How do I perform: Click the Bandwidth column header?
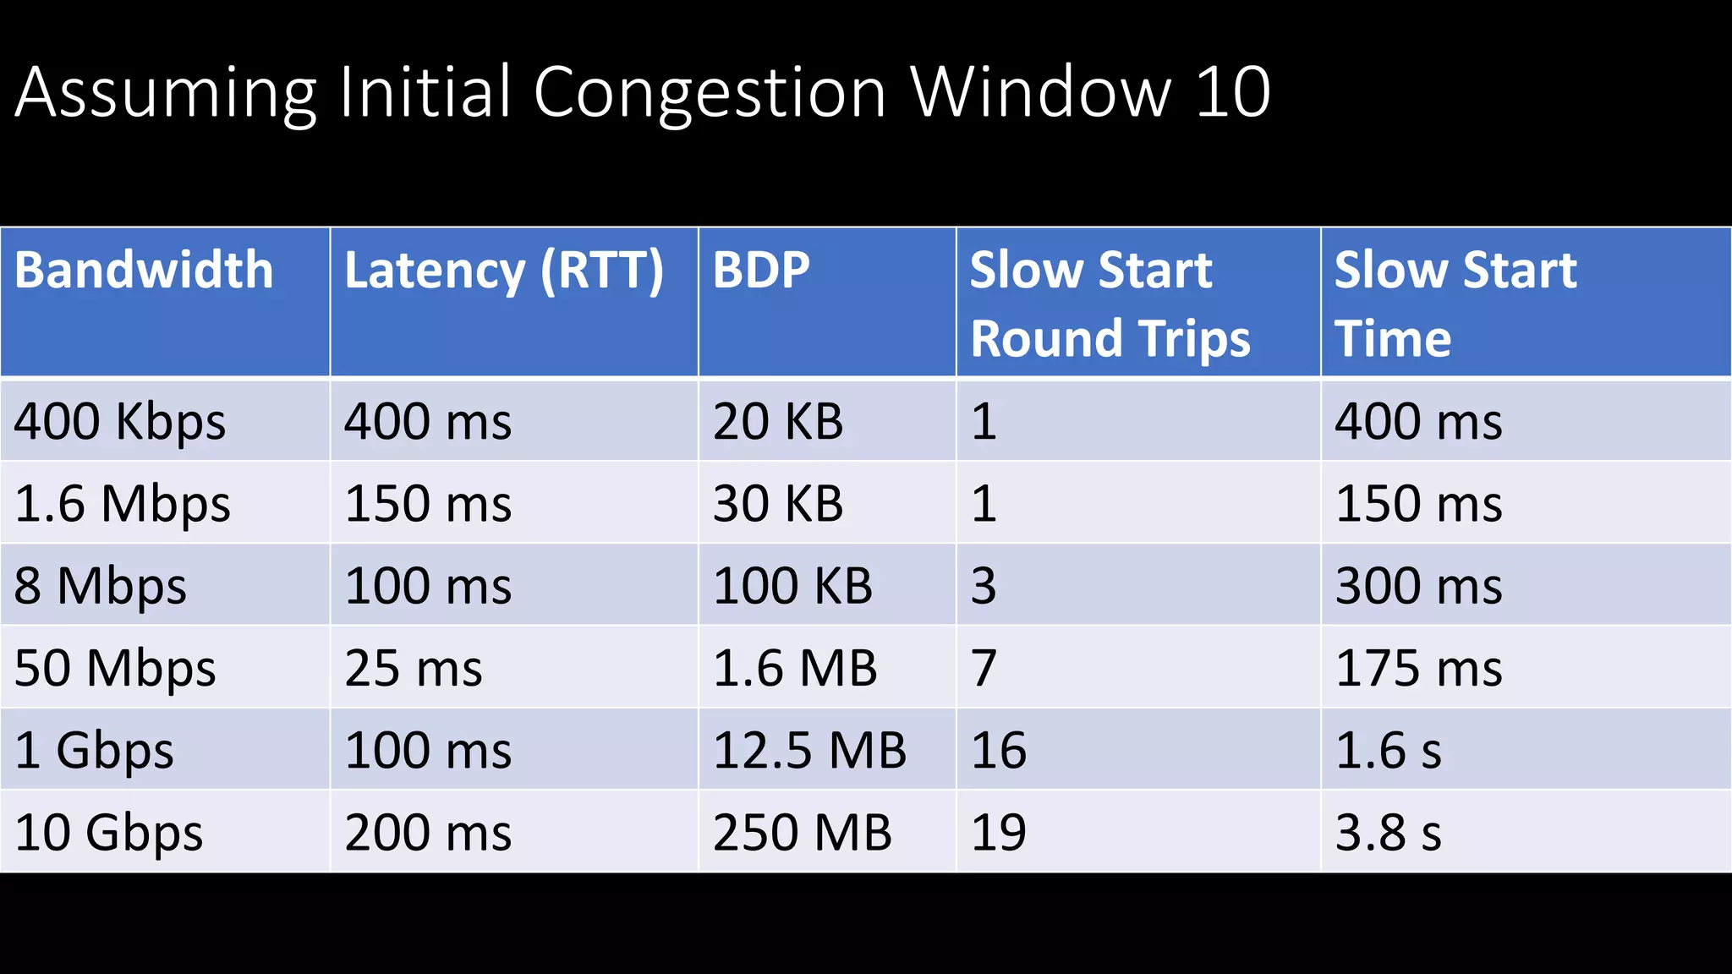point(144,271)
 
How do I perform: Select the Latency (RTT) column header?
point(504,271)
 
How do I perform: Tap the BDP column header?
point(761,271)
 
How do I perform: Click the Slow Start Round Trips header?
point(1110,304)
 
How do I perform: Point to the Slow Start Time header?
point(1455,304)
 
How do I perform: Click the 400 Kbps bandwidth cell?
point(120,421)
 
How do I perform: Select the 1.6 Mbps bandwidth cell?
point(123,504)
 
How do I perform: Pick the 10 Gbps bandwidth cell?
point(109,833)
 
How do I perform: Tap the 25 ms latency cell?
point(414,669)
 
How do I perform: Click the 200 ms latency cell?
point(428,833)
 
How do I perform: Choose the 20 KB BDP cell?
point(778,421)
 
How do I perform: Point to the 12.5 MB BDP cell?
point(809,751)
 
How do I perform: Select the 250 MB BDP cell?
point(802,833)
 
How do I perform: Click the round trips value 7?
point(984,669)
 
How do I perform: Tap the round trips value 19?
point(999,833)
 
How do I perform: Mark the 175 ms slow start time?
point(1418,669)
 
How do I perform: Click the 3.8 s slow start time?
point(1388,833)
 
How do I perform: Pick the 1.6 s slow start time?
point(1388,751)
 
